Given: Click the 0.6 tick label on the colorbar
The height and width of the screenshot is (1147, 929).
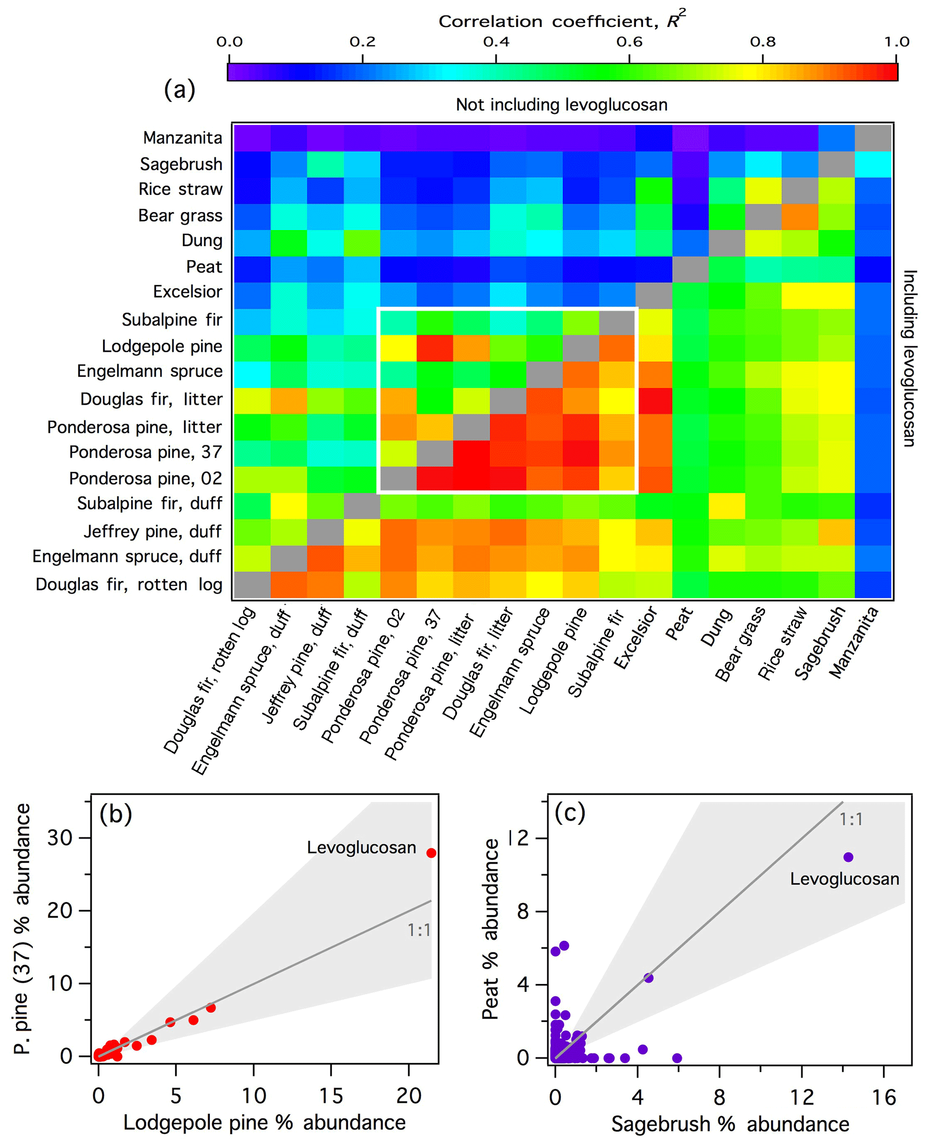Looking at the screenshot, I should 629,42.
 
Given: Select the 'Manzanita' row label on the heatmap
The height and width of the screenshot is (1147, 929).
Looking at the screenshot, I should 182,138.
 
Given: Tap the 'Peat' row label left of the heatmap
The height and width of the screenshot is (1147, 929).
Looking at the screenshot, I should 204,266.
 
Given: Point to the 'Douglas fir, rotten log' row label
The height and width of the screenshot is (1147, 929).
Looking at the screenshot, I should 129,584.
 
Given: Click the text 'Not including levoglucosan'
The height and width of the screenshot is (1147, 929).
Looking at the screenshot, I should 561,105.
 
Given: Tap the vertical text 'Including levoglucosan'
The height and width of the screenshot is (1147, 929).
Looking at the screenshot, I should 909,358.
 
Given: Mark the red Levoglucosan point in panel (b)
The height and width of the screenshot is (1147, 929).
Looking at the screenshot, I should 431,853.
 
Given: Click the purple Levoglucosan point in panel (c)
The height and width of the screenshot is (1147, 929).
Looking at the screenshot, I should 848,857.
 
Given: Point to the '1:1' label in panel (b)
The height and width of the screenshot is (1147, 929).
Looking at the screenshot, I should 419,930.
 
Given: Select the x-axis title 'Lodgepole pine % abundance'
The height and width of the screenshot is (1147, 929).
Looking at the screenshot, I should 264,1122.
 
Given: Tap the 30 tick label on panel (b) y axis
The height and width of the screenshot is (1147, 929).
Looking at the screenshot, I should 59,838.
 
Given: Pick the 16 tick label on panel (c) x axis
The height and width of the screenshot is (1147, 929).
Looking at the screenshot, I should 884,1098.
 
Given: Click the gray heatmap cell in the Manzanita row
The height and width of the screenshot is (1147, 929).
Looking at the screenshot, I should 873,138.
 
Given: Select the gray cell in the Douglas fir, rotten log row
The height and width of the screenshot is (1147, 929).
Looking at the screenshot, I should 252,585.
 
